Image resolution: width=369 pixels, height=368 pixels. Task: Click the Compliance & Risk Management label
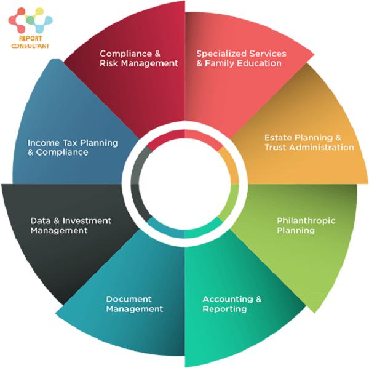coord(138,58)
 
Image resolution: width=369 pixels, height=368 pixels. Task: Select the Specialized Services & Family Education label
coord(241,58)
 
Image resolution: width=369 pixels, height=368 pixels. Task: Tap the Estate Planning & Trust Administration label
coord(309,142)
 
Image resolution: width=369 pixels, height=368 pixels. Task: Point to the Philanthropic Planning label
coord(306,226)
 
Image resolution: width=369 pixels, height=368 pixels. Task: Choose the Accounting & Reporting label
coord(232,304)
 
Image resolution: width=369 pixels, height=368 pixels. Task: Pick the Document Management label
coord(134,304)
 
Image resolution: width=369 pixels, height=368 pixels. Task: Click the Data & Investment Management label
coord(71,226)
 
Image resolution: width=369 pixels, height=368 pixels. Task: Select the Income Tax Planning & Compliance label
coord(73,148)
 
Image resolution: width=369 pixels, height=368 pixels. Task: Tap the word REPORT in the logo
coord(31,38)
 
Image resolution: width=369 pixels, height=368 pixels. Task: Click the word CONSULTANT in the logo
coord(30,46)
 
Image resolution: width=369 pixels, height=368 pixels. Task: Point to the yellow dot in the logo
coord(39,11)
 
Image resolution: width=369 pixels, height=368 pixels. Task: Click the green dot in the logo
coord(30,20)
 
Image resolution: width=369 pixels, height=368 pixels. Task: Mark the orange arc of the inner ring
coord(229,165)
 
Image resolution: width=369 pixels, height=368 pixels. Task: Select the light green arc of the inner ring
coord(230,203)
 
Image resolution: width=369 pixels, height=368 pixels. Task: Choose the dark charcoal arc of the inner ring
coord(138,203)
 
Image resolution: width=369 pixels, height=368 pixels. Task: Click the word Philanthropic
coord(306,221)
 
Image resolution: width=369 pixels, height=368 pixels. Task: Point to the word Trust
coord(276,148)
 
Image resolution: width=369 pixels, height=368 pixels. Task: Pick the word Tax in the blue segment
coord(70,143)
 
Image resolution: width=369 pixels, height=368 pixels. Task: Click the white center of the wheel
coord(184,184)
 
